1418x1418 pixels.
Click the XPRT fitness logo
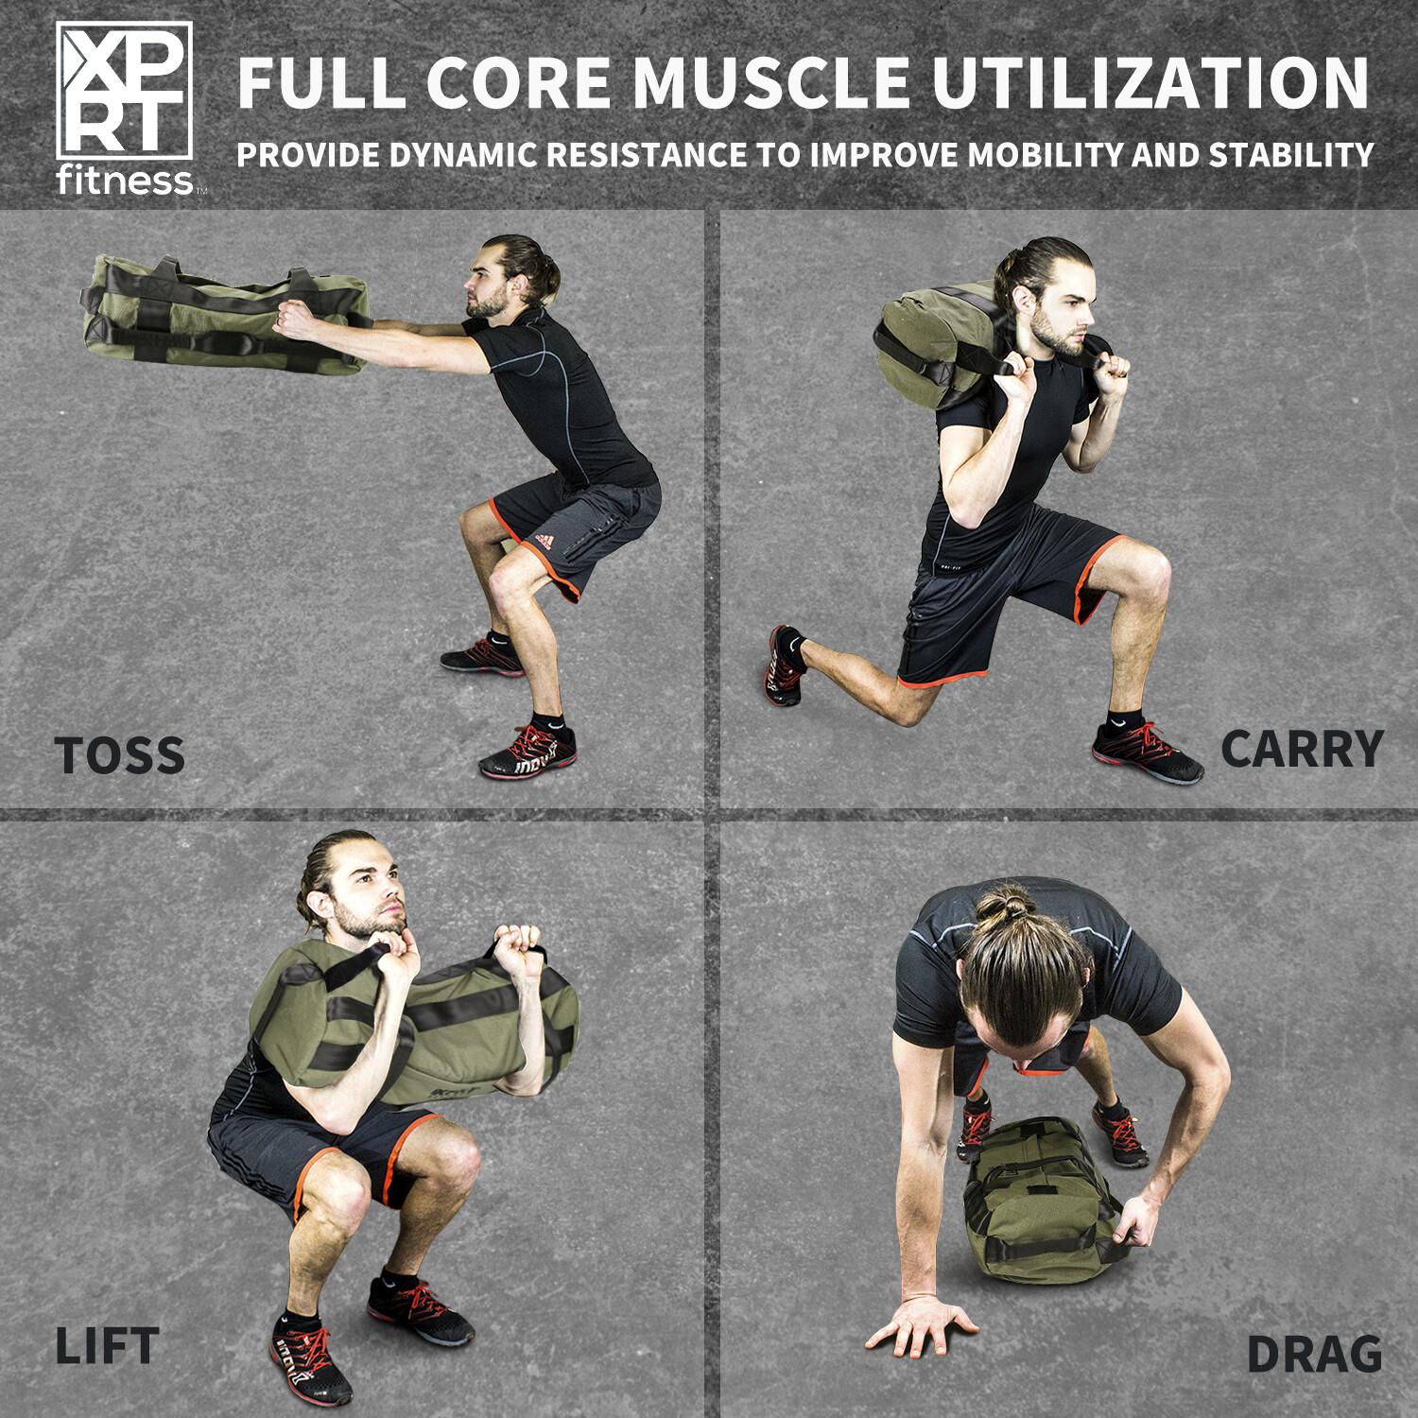125,109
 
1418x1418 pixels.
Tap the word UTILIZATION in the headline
1150,83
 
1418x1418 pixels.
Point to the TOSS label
120,755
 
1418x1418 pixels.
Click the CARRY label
1302,750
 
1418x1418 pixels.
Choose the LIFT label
106,1346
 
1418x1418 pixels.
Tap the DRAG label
1314,1354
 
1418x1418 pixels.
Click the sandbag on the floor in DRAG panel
1040,1201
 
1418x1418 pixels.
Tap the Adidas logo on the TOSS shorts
543,540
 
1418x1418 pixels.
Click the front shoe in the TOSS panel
527,753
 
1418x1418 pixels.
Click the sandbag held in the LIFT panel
416,1026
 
